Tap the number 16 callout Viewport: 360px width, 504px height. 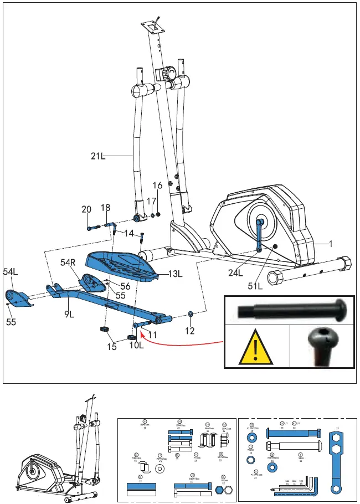tap(158, 186)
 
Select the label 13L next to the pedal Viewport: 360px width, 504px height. tap(176, 274)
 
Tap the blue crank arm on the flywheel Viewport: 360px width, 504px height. tap(259, 235)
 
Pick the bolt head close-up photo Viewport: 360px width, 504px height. tap(324, 346)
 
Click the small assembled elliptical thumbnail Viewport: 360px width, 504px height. tap(61, 454)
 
